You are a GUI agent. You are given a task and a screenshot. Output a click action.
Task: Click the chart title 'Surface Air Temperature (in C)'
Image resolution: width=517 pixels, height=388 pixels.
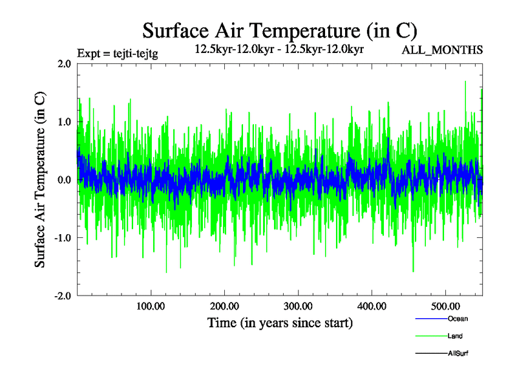tap(279, 30)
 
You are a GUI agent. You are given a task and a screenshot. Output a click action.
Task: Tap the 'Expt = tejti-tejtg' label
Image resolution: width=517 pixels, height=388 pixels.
tap(117, 53)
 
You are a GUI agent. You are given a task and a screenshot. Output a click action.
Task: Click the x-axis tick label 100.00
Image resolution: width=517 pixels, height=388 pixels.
tap(151, 306)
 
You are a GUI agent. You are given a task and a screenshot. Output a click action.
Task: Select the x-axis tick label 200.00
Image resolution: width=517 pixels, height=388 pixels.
tap(224, 306)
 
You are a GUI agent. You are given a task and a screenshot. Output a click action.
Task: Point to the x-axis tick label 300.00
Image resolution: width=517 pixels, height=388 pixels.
tap(298, 306)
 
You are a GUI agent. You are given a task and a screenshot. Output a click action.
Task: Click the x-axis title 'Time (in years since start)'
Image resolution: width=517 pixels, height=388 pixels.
tap(279, 323)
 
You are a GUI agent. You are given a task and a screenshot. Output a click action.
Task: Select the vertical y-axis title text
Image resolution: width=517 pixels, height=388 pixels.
tap(40, 180)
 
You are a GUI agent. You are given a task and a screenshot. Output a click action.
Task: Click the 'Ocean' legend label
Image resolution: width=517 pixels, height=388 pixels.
tap(458, 319)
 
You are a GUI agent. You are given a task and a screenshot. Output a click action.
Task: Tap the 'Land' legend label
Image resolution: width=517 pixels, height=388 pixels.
tap(455, 336)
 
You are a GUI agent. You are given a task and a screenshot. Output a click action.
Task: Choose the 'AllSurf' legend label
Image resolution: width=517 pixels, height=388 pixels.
tap(458, 354)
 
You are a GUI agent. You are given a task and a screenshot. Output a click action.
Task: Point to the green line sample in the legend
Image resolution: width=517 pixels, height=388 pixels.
tap(430, 336)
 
